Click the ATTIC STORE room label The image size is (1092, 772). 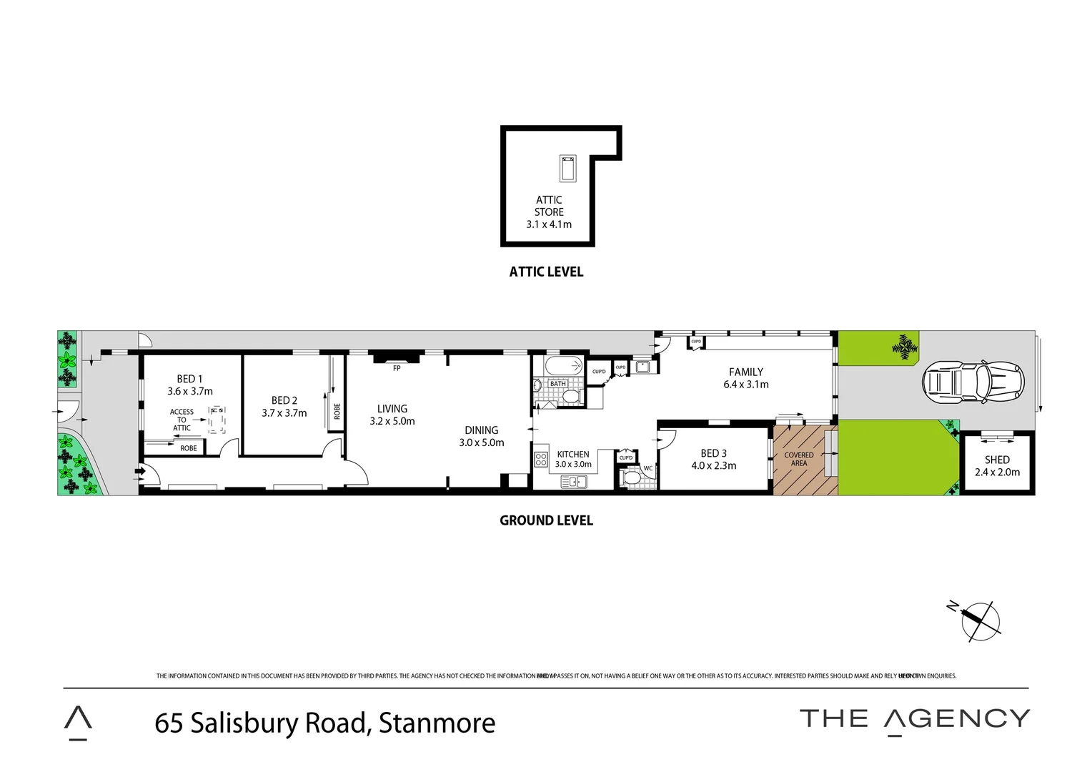coord(549,206)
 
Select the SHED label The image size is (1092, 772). coord(997,460)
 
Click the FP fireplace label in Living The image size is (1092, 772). coord(397,368)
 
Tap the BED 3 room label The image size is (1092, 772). coord(713,453)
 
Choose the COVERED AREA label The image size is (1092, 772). coord(798,459)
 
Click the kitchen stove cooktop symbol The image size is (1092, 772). coord(541,460)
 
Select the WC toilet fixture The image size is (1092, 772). coord(632,477)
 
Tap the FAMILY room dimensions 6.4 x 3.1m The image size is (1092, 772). coord(745,385)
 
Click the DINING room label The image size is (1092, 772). coord(481,430)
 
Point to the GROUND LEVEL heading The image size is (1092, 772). coord(546,520)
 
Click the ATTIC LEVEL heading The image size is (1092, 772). coord(546,272)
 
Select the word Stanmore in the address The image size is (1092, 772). coord(437,723)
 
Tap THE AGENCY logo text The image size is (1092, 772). coord(914,719)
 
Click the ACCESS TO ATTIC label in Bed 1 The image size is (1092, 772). coord(182,420)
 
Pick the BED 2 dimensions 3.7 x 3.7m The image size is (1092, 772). coord(284,413)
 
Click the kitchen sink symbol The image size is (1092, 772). coord(573,482)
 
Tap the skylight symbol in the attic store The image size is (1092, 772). coord(568,169)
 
